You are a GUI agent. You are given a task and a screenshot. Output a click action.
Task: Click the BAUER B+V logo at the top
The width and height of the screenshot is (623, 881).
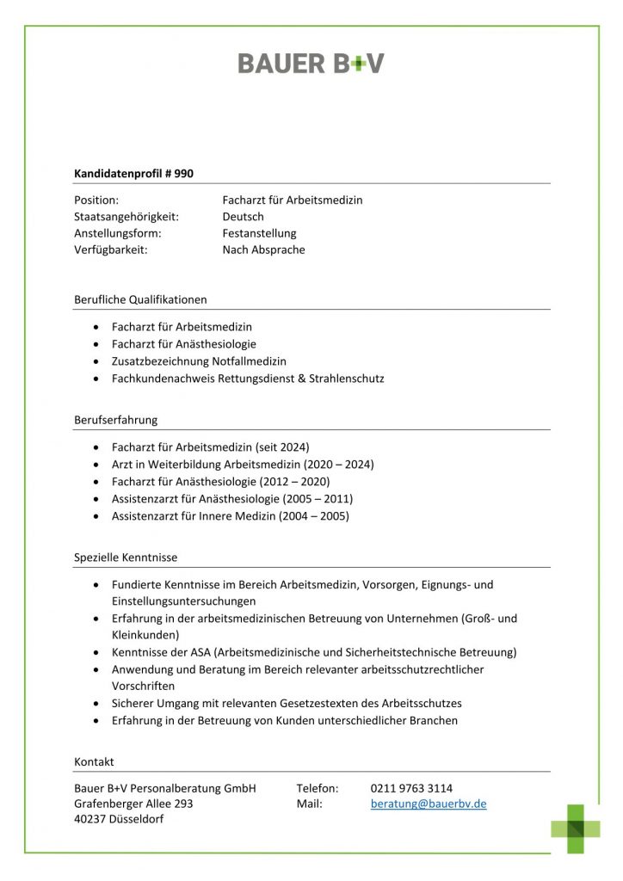(x=311, y=63)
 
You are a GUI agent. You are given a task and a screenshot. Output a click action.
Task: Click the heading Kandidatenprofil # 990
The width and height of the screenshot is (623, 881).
(x=133, y=174)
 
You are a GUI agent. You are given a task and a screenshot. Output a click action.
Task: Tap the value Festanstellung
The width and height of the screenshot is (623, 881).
(x=259, y=233)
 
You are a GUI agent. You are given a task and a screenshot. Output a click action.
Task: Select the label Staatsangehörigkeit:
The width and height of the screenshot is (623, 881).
(x=126, y=217)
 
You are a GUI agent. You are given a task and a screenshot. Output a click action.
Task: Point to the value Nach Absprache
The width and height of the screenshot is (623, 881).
(x=263, y=250)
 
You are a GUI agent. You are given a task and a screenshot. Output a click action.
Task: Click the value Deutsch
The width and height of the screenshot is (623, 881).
(x=243, y=217)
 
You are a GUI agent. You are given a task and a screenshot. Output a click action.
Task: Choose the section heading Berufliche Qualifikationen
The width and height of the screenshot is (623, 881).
(x=140, y=300)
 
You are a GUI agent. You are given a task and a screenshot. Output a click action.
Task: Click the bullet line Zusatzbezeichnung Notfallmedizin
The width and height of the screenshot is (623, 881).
(x=199, y=361)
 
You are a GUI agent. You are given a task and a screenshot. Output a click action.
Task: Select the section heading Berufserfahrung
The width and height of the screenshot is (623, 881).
(x=115, y=421)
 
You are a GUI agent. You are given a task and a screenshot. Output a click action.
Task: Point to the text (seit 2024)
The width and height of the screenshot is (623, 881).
(x=282, y=447)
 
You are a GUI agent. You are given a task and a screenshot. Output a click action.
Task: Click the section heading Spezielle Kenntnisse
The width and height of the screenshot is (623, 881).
(x=126, y=558)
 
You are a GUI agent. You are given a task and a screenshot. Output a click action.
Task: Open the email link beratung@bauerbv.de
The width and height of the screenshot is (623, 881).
(x=429, y=804)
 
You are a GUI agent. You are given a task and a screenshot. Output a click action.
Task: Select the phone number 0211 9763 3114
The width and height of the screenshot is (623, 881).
(x=411, y=788)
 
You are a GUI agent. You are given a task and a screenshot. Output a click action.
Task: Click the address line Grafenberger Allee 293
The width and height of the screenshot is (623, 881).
(x=133, y=804)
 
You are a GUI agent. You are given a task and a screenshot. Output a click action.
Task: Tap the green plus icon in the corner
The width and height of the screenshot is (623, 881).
(x=576, y=829)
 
